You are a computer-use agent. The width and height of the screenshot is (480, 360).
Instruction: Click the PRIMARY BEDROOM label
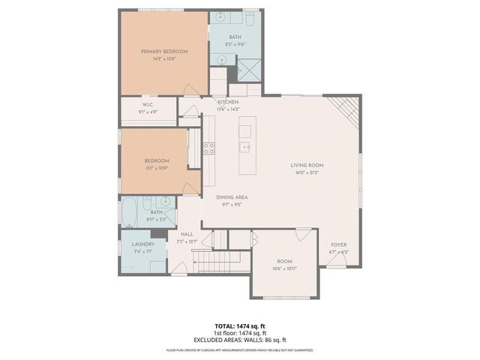[x=164, y=51]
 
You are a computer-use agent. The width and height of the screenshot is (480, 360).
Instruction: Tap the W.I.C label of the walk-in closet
[x=148, y=104]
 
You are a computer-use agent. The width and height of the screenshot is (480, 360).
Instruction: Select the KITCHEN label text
[x=228, y=102]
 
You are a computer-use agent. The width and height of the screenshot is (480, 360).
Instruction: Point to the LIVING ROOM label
[x=307, y=165]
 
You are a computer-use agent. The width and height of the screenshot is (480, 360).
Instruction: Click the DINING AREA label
[x=232, y=197]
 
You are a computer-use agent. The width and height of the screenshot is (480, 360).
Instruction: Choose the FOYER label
[x=339, y=244]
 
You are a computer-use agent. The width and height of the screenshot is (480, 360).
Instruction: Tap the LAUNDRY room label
[x=143, y=244]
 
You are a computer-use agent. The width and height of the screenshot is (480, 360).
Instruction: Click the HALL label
[x=187, y=234]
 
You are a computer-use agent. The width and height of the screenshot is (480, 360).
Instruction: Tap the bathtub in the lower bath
[x=129, y=212]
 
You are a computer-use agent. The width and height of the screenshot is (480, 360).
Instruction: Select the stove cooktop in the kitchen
[x=209, y=148]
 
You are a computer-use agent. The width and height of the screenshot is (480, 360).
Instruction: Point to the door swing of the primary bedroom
[x=192, y=89]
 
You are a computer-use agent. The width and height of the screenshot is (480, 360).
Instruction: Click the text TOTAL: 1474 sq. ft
[x=239, y=325]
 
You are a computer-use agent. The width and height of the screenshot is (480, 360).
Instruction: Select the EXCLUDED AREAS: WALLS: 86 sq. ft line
[x=239, y=339]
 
